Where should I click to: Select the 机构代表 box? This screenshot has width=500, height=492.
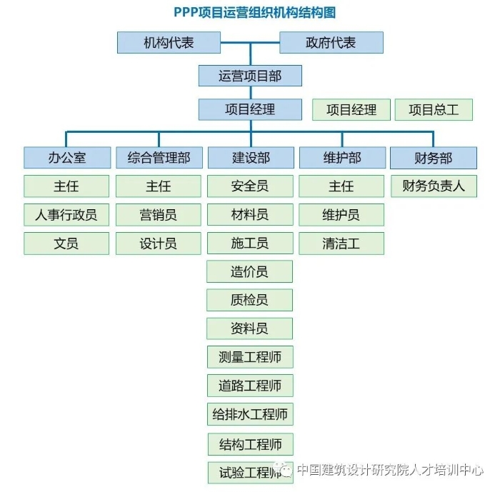(x=169, y=43)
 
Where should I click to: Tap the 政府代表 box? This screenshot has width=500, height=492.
(x=331, y=43)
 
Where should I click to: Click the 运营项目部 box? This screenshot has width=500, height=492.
(x=250, y=76)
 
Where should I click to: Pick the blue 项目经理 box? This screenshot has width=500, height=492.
(x=250, y=109)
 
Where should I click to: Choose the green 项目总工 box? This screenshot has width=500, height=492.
(x=434, y=109)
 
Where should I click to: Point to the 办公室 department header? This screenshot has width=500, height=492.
(x=66, y=158)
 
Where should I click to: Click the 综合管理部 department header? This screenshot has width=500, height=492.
(x=159, y=158)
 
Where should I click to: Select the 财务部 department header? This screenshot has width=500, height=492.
(x=434, y=158)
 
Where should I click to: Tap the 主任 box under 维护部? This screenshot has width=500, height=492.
(x=341, y=186)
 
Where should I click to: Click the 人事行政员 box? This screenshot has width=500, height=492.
(x=66, y=214)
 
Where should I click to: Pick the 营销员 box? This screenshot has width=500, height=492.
(x=159, y=214)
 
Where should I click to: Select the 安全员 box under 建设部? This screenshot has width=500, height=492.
(x=250, y=186)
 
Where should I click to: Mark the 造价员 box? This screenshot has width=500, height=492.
(x=250, y=271)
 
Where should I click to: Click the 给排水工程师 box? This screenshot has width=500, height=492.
(x=250, y=414)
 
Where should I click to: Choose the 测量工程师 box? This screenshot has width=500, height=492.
(x=250, y=357)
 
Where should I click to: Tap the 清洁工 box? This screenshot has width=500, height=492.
(x=341, y=244)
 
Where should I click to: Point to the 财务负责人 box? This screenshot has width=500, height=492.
(x=434, y=186)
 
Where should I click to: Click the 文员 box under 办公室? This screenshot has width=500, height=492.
(x=66, y=244)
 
